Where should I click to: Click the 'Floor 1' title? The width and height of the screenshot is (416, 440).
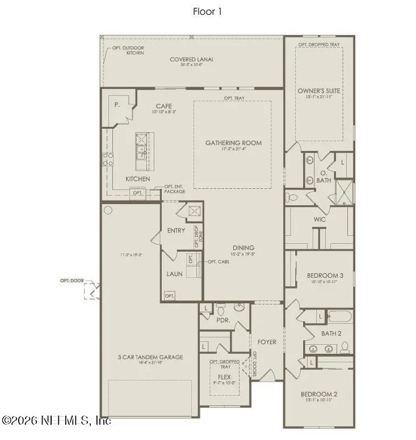[208, 11]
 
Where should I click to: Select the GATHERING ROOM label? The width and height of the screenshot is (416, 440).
[233, 143]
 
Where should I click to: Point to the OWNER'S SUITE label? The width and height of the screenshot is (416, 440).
[318, 90]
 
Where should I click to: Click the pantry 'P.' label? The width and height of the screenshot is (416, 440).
[116, 105]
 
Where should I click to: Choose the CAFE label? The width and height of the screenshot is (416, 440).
[164, 106]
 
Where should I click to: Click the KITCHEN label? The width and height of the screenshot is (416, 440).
[137, 179]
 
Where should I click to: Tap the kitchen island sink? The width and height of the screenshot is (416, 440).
[140, 152]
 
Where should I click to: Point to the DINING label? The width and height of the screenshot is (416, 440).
[242, 248]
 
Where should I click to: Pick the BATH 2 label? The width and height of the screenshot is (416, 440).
[331, 333]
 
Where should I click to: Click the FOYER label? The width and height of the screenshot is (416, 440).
[267, 342]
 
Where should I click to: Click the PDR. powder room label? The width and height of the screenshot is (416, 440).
[222, 320]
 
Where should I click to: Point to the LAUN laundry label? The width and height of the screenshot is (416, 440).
[174, 273]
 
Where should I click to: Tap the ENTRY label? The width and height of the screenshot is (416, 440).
[176, 231]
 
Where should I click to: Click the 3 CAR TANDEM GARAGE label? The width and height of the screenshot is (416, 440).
[150, 357]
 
